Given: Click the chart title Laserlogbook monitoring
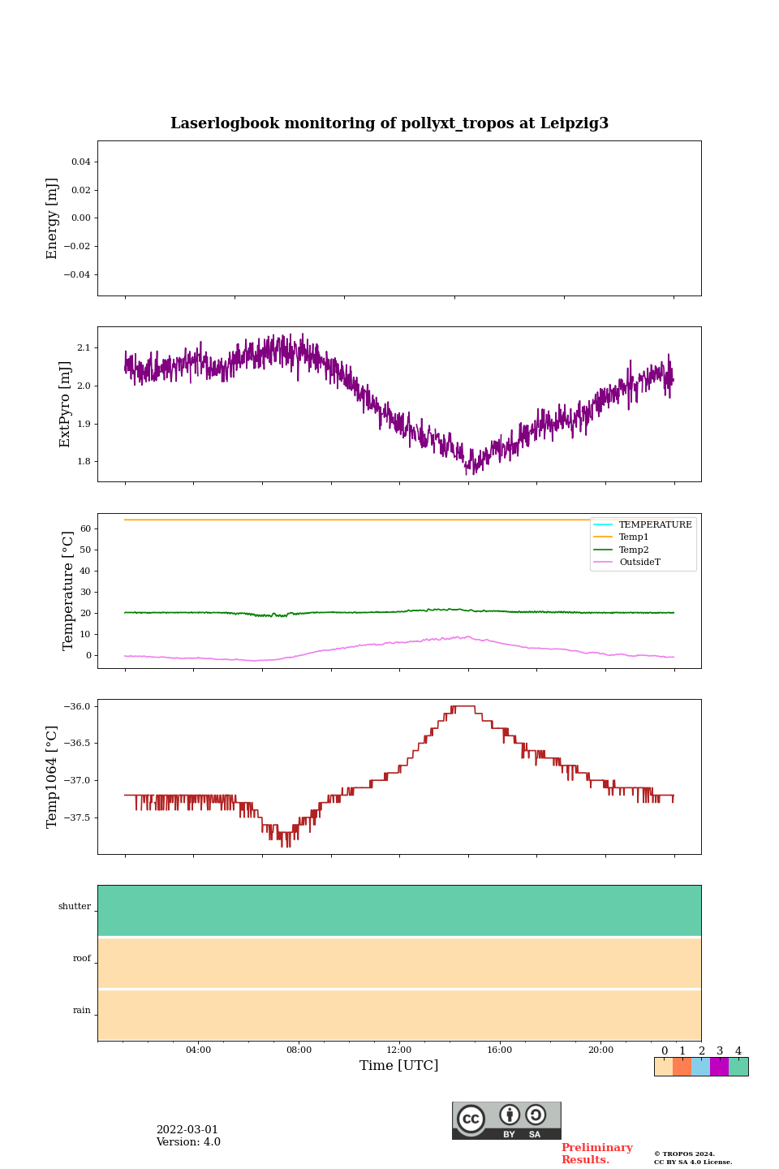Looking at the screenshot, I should click(x=389, y=123).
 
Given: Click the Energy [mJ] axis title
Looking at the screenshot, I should click(x=53, y=218).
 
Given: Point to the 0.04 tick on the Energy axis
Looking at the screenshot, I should click(x=80, y=162).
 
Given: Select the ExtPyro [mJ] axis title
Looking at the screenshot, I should click(x=66, y=404).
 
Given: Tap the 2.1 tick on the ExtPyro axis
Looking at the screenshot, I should click(x=84, y=347).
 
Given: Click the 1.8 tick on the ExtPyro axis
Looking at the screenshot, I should click(x=84, y=462).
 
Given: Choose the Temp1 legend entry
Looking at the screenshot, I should click(x=633, y=537).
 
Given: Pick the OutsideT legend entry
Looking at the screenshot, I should click(x=639, y=563).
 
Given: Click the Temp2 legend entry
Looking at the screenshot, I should click(x=633, y=550).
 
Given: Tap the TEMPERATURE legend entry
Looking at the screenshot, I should click(x=655, y=525).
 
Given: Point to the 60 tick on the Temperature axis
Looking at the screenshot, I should click(x=85, y=528).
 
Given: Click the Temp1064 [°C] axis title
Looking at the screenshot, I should click(x=53, y=777).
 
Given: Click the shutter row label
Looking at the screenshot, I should click(x=75, y=907).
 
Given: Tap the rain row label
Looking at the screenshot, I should click(x=82, y=1011).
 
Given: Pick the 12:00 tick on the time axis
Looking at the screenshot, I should click(x=399, y=1050).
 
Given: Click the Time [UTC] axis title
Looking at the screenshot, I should click(x=399, y=1066).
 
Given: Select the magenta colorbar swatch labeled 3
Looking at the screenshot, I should click(x=719, y=1067).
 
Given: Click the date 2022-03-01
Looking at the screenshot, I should click(x=187, y=1130).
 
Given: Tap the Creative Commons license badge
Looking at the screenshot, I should click(x=506, y=1120).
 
